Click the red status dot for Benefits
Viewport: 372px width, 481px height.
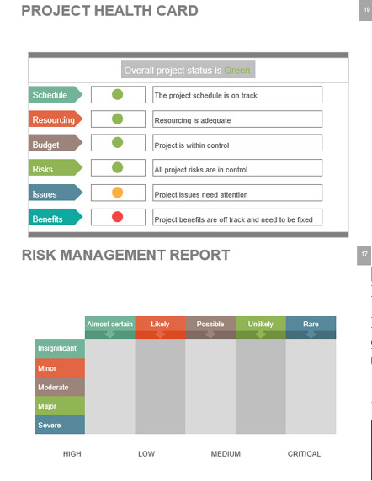pos(118,217)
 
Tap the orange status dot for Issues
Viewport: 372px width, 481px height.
pos(118,193)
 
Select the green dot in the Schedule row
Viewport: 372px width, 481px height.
pos(118,94)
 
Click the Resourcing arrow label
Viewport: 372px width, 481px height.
pos(56,119)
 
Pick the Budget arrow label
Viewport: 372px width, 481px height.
pos(56,143)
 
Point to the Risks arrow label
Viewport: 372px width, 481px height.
pos(56,167)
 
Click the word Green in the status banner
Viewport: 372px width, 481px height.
pos(238,71)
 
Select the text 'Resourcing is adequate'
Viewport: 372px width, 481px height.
pos(193,120)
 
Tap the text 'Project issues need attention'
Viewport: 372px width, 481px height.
pos(201,195)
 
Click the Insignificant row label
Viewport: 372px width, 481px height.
pos(60,349)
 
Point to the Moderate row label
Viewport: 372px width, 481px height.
pos(60,387)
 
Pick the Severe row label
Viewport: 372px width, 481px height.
pos(60,425)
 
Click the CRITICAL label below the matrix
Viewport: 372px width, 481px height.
pos(304,454)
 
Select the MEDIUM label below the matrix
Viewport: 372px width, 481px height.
pos(226,454)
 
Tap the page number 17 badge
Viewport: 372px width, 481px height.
pos(364,255)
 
